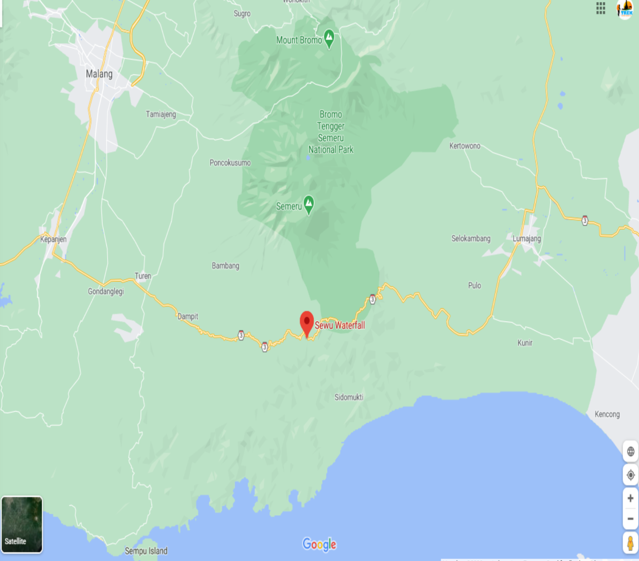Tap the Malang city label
tap(99, 74)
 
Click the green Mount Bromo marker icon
tap(329, 38)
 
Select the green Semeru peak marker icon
tap(309, 204)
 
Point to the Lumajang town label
tap(527, 239)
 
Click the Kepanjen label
tap(53, 239)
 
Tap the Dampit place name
tap(188, 316)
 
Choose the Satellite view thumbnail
tap(22, 524)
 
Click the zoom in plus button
tap(630, 498)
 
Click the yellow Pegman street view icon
tap(630, 543)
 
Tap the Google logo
tap(319, 544)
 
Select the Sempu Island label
tap(146, 551)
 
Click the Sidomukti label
tap(349, 397)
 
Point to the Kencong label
tap(607, 414)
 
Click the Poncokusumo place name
tap(230, 163)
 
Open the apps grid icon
tap(601, 8)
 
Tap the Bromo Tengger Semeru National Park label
tap(331, 132)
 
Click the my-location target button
tap(630, 475)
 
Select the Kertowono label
tap(465, 146)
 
